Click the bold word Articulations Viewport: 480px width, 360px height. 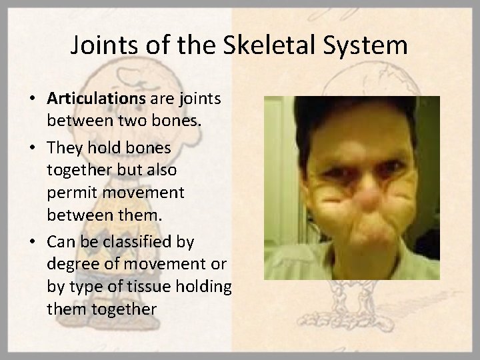coord(96,98)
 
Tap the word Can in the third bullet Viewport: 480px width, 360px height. coord(61,239)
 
